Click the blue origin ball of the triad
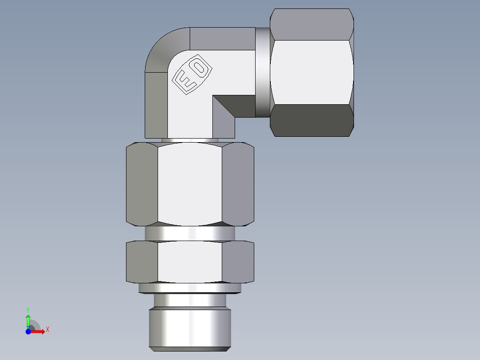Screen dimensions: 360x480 [x=28, y=331]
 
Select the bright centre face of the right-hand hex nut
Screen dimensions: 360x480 [x=311, y=72]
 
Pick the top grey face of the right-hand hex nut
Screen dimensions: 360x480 [x=312, y=25]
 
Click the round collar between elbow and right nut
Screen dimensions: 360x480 [x=263, y=72]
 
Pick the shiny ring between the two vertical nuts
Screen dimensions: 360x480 [x=190, y=233]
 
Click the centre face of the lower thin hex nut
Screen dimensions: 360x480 [x=190, y=262]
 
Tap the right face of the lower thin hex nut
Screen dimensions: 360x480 [x=238, y=262]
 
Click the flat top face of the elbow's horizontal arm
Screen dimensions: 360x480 [x=222, y=38]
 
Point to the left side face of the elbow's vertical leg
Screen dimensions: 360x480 [x=156, y=105]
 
